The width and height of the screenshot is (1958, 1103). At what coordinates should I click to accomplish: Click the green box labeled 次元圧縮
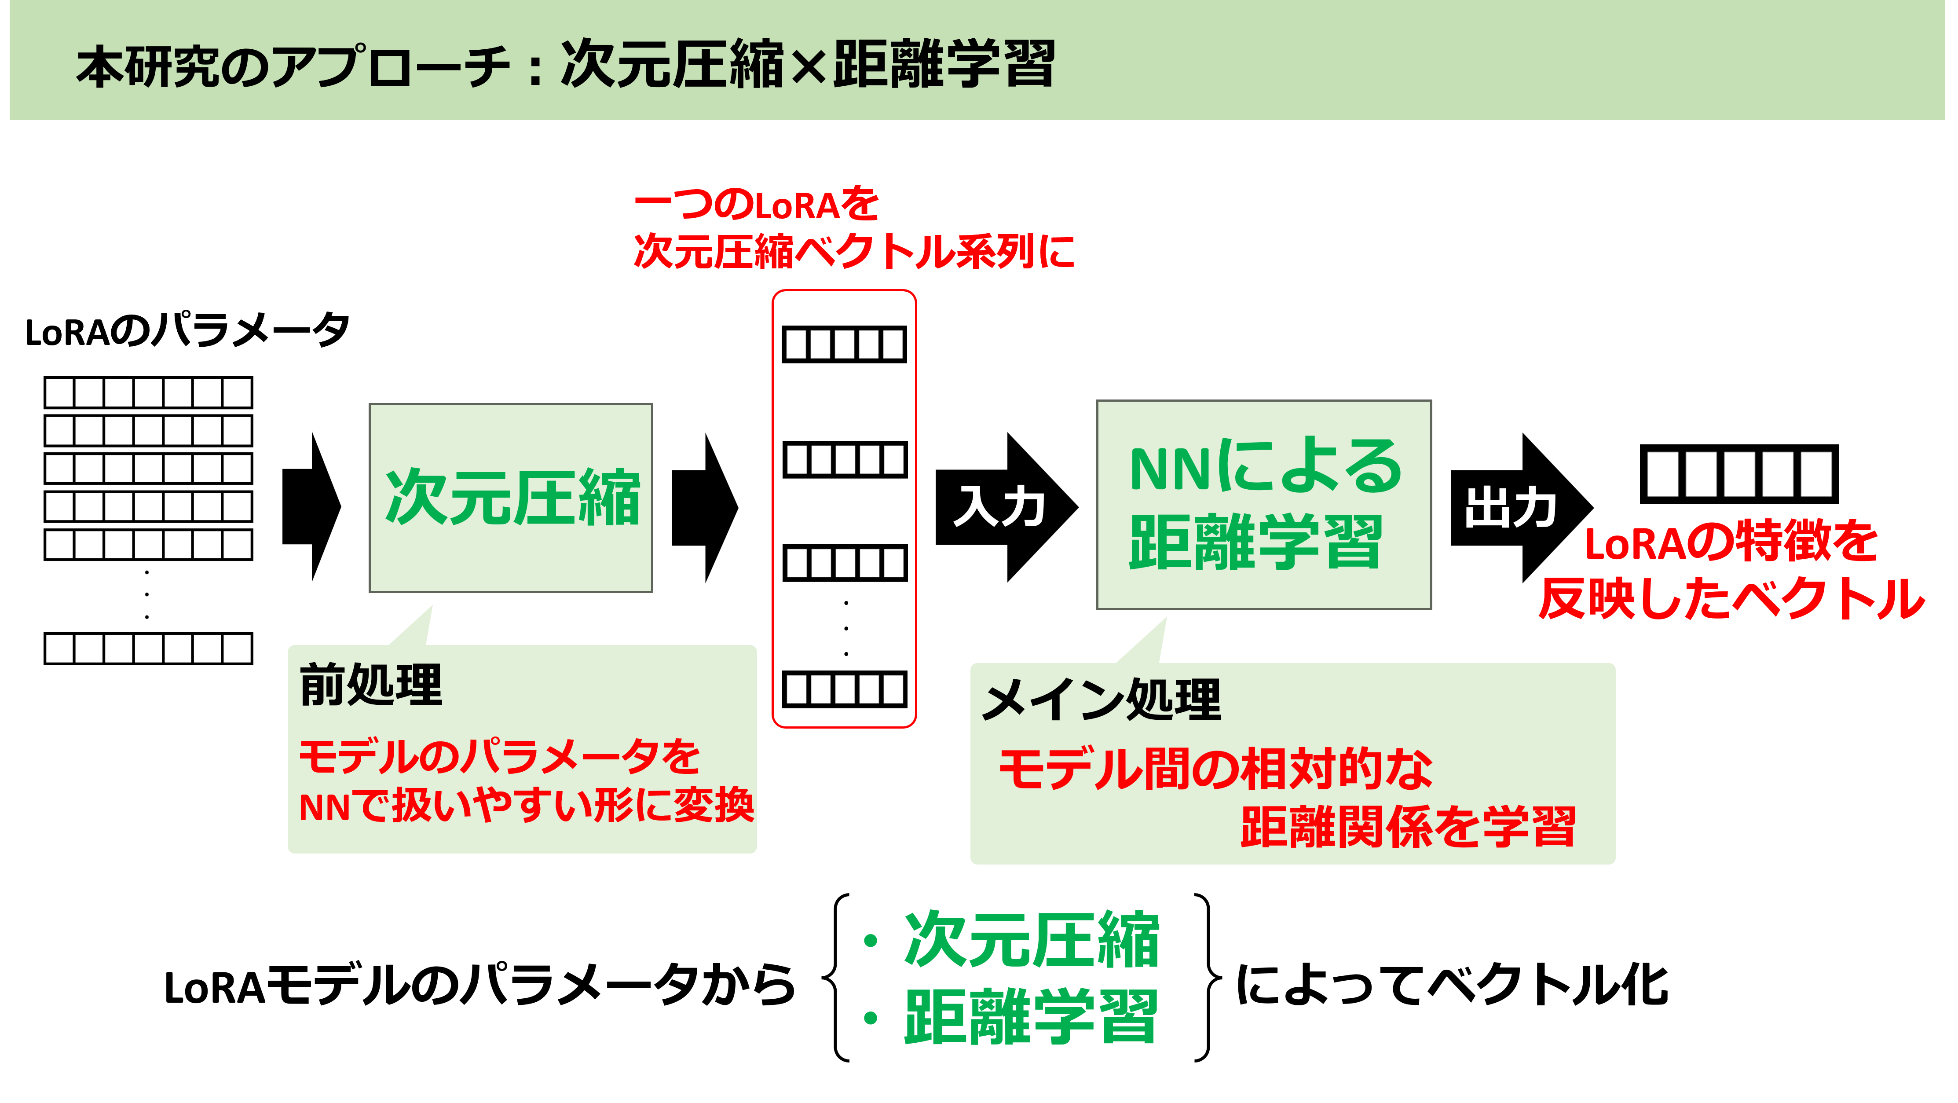point(511,498)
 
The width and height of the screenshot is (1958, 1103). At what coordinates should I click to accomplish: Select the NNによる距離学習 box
point(1263,505)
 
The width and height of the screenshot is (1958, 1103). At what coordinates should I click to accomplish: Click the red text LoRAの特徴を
point(1731,542)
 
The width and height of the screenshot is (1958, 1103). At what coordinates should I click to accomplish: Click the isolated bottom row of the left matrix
point(148,649)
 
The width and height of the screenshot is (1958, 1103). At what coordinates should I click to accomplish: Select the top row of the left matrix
point(148,393)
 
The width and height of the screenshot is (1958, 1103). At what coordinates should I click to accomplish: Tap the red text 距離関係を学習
point(1408,827)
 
